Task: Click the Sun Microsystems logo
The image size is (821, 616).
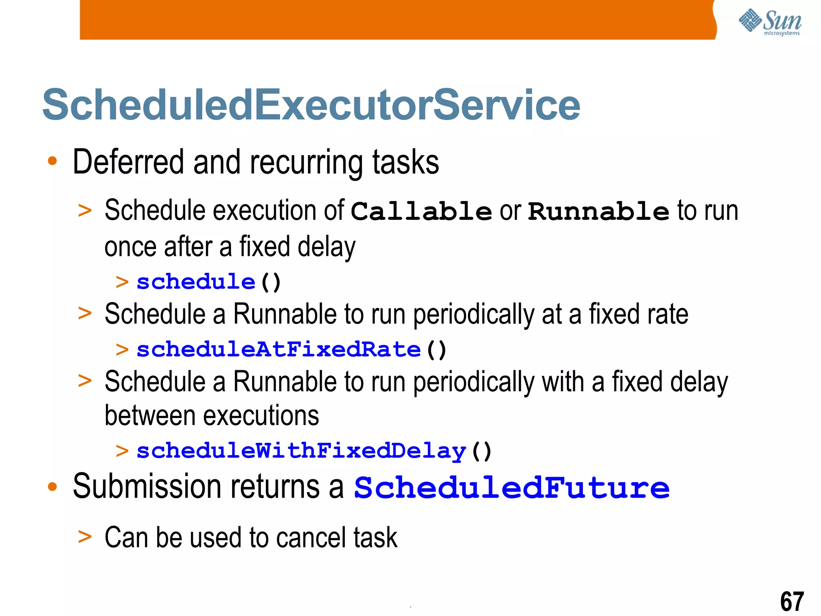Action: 769,22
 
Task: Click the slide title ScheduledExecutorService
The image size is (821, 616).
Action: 311,105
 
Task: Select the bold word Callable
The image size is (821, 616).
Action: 421,211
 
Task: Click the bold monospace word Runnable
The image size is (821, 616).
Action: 599,211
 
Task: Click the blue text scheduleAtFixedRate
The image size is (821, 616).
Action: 279,349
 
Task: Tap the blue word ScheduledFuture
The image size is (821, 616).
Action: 512,488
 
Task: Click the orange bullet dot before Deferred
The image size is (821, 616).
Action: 53,161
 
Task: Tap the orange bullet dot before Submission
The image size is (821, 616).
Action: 53,487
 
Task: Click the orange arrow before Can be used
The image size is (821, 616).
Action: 85,536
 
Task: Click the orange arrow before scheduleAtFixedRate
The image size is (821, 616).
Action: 122,349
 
